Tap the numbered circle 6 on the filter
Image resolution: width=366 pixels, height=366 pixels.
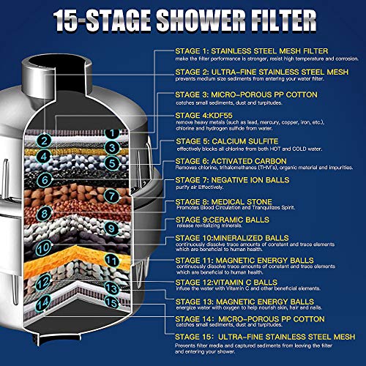(44, 179)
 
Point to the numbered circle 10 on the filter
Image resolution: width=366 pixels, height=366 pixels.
(43, 247)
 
